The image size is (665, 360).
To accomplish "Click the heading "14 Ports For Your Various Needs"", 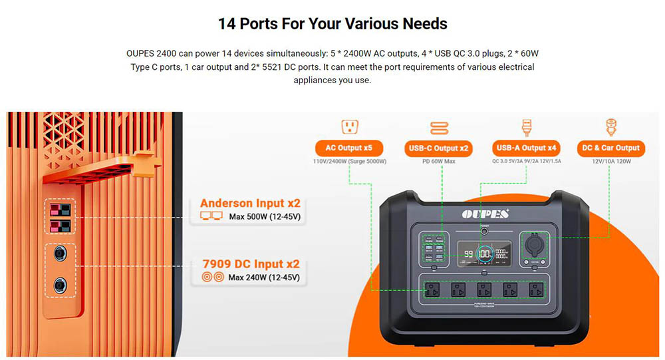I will [332, 24].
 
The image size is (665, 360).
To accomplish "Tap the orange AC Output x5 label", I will [349, 148].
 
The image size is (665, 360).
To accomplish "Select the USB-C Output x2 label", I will [438, 148].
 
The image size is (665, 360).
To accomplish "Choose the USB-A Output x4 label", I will [526, 148].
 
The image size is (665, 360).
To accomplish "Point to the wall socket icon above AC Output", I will [350, 126].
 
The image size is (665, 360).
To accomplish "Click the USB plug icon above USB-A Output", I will [526, 126].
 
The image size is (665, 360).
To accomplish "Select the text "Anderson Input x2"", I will [249, 204].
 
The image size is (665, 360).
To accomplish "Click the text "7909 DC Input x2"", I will [250, 264].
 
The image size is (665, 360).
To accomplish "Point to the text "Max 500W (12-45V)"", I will [263, 217].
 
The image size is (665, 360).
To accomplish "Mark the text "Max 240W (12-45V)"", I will [263, 277].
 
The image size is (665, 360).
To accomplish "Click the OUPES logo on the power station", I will [485, 214].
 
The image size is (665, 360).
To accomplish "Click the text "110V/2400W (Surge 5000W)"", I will [350, 162].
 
